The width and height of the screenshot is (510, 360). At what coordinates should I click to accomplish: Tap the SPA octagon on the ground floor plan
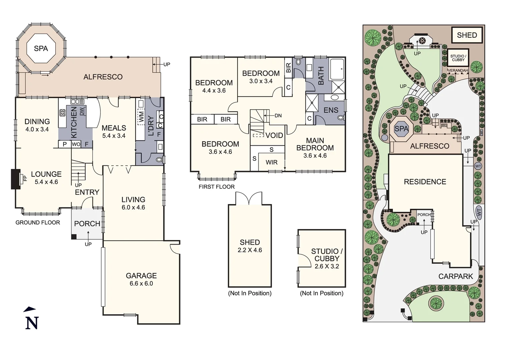(41, 49)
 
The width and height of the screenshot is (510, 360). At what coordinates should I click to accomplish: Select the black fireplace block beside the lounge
(16, 179)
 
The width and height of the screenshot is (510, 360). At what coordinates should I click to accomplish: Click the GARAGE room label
(141, 276)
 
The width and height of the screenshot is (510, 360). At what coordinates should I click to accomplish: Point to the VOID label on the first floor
(274, 135)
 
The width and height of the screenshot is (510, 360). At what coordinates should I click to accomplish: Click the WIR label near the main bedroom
(272, 162)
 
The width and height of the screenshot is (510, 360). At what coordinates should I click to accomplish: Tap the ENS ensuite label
(331, 110)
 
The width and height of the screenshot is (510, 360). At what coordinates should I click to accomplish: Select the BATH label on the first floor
(321, 76)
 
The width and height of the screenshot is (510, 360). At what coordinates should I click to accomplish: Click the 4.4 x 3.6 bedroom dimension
(214, 91)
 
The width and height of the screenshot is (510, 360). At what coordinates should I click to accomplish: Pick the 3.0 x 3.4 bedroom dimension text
(261, 81)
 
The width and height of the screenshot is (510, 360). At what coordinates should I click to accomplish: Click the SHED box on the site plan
(467, 35)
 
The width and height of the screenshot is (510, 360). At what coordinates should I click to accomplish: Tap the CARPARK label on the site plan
(456, 276)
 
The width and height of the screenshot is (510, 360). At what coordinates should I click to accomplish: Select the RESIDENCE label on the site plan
(425, 182)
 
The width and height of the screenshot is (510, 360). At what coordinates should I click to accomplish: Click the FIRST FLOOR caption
(216, 187)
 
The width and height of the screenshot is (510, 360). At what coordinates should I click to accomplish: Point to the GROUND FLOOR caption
(38, 222)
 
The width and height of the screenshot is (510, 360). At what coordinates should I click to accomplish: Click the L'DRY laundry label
(150, 126)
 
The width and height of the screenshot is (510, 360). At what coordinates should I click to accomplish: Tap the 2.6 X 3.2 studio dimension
(327, 266)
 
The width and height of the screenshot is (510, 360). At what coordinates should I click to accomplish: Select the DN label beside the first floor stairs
(278, 116)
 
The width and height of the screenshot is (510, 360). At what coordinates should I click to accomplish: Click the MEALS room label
(114, 128)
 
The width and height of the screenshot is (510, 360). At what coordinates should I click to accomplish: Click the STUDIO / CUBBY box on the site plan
(458, 58)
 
